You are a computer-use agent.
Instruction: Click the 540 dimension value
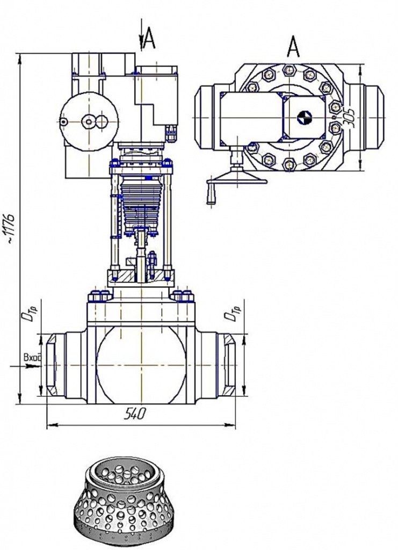point(135,414)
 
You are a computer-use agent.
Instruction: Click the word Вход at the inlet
point(32,358)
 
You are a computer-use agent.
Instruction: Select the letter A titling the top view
point(293,48)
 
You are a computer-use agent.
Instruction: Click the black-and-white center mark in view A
point(303,118)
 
